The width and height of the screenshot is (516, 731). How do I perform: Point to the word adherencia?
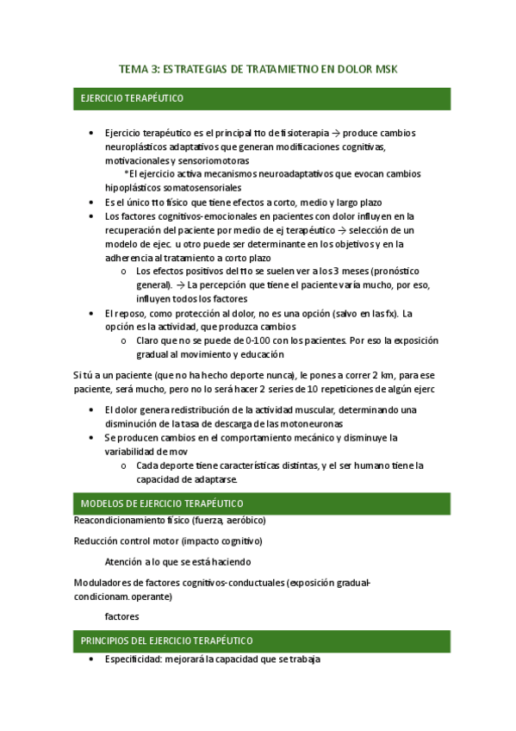[x=132, y=257]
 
